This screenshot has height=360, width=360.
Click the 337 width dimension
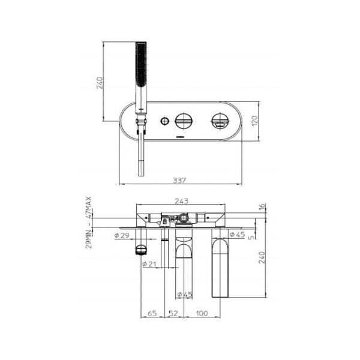[178, 178]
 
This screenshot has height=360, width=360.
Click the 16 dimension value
[262, 206]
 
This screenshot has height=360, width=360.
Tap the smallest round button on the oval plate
[163, 122]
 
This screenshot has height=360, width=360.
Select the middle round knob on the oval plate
[183, 122]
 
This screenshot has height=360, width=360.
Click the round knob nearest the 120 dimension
[217, 122]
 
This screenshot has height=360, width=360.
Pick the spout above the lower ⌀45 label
[183, 255]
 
